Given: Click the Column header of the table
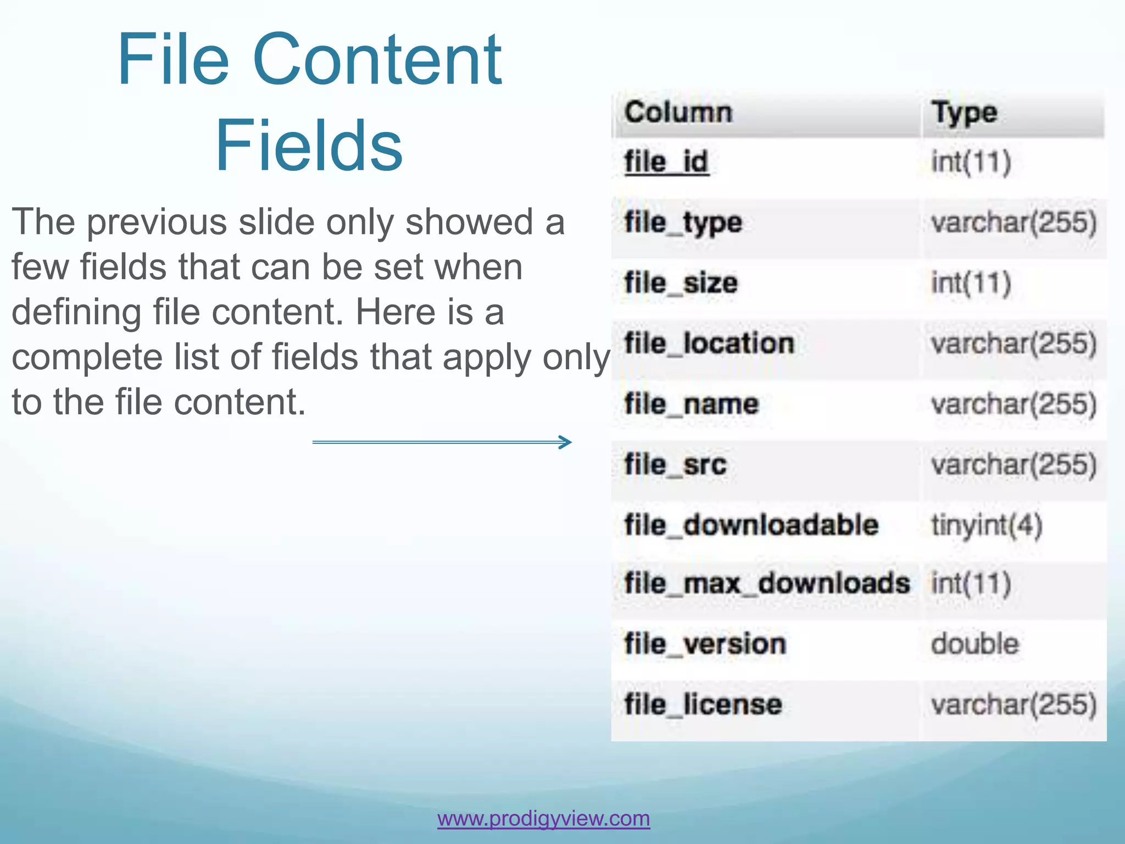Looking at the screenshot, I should [x=678, y=113].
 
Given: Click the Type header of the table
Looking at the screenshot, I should [x=964, y=114].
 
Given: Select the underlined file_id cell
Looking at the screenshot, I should [x=666, y=162].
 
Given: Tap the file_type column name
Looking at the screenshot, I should [x=683, y=223].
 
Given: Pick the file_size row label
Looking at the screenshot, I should [x=681, y=283].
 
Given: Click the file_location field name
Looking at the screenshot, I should [x=709, y=343].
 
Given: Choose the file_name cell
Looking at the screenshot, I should [x=692, y=404].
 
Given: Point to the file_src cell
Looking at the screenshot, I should [x=676, y=464].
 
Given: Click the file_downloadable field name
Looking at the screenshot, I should [x=751, y=525].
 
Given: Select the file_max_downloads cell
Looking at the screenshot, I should [x=767, y=583].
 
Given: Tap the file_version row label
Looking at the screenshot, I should [x=705, y=643].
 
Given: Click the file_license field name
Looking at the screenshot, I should [x=703, y=704].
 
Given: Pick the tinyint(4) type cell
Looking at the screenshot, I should [x=987, y=525].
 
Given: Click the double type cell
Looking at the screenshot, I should [x=975, y=643].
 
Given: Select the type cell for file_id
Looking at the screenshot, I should [x=971, y=162].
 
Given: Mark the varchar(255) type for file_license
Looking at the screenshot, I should [x=1014, y=704].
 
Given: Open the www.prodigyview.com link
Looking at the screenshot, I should [x=543, y=818].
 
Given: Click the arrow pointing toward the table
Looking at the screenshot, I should [x=442, y=442].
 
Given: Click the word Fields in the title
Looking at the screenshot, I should [x=309, y=146].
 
